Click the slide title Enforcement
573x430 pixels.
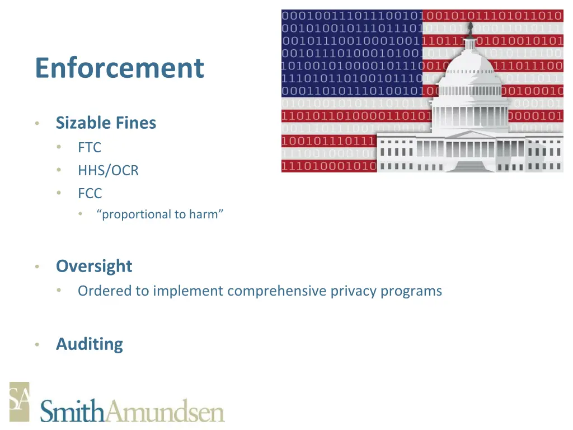(119, 68)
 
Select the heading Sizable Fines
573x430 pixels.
(106, 123)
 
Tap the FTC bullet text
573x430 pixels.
(90, 147)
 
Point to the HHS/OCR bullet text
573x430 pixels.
(108, 170)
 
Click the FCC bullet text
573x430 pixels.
(90, 193)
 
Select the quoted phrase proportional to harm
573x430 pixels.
(160, 214)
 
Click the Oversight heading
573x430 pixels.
(94, 266)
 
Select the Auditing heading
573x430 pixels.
(90, 344)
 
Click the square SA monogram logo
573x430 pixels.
(19, 401)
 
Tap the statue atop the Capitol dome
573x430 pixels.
(471, 28)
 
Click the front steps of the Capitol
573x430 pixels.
(471, 166)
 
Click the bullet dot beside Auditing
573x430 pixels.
(36, 344)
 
